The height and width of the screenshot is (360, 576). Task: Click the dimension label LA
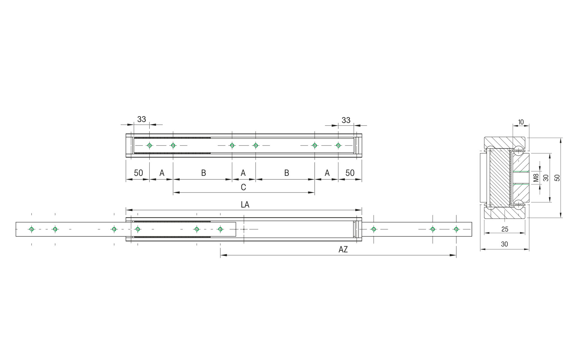point(245,205)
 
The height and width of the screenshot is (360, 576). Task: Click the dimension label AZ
point(343,250)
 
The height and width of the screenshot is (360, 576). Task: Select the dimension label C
point(243,187)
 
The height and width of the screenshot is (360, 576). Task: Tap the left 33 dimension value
point(142,119)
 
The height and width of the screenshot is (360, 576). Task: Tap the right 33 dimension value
point(346,120)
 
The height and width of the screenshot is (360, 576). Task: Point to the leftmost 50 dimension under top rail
point(138,173)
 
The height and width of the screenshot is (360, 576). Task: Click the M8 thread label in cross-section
point(536,178)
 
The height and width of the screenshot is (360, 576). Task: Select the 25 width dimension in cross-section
point(505,229)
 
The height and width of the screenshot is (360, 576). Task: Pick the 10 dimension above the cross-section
point(521,122)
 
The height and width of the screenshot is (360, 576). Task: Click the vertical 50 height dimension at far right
point(557,178)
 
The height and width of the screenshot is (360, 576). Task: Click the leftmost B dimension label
point(203,173)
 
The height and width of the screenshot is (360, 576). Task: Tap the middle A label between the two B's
point(243,173)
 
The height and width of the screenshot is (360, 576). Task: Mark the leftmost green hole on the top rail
point(149,145)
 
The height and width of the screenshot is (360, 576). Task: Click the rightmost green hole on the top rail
point(338,145)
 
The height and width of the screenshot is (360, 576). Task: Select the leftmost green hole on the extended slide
point(31,229)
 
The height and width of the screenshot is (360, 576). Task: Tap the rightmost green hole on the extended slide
point(456,229)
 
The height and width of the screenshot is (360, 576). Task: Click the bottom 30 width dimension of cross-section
point(505,244)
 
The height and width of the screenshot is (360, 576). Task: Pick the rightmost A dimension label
point(327,173)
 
